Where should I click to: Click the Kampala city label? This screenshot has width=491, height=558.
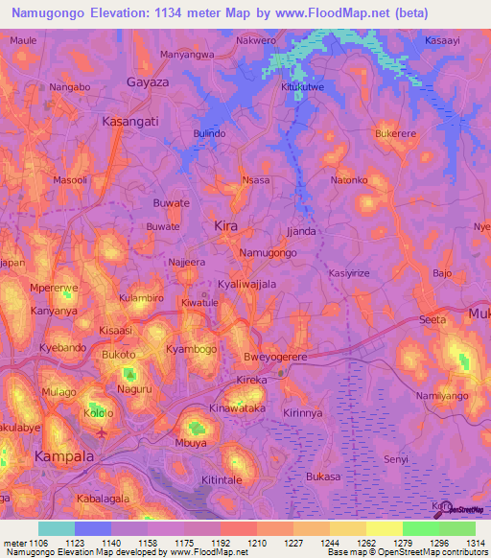pyautogui.click(x=64, y=456)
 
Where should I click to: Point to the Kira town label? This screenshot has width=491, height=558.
pyautogui.click(x=224, y=225)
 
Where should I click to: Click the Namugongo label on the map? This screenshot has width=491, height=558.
pyautogui.click(x=268, y=252)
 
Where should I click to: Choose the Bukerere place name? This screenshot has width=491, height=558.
pyautogui.click(x=399, y=133)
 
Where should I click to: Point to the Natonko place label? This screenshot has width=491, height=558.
pyautogui.click(x=349, y=180)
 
